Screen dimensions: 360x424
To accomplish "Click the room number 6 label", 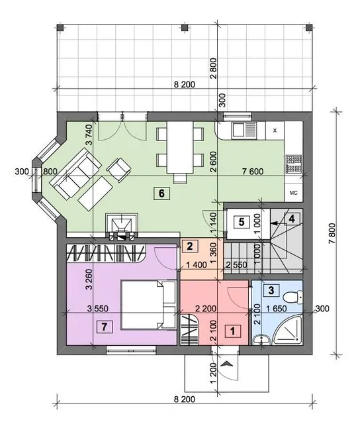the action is coord(161,193).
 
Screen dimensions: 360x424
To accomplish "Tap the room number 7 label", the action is coord(105,327).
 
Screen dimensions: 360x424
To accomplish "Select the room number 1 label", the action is coord(232,331).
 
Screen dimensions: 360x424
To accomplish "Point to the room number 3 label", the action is coord(271,290).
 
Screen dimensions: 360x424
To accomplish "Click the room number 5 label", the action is coord(242,222).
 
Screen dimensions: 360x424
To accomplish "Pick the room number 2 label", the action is coord(190,246).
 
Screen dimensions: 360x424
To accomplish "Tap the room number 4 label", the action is coord(292,219).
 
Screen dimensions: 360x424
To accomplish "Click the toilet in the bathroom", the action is coord(294,297).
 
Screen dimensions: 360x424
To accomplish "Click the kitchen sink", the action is coord(244,131).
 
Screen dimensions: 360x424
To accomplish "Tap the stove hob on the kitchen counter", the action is coord(294,164).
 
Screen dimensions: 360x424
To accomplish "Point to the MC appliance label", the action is coord(294,193).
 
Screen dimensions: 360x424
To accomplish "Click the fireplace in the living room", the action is coord(122,227).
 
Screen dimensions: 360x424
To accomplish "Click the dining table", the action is coord(180,147).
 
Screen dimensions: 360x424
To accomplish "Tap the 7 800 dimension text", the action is coord(332,233).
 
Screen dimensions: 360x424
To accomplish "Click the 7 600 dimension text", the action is coord(253,171).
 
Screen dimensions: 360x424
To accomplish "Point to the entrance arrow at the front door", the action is coord(227,364).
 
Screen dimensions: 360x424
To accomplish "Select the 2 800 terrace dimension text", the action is coord(213,68).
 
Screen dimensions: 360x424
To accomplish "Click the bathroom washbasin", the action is coord(261,340).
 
